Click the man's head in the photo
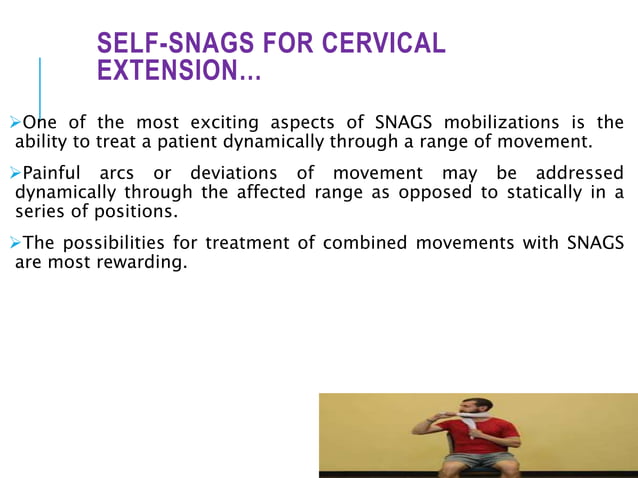click(x=479, y=410)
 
